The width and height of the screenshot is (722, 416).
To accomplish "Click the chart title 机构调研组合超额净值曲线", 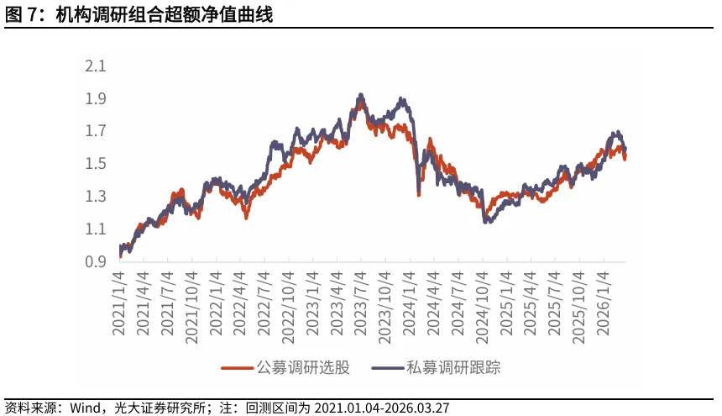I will (x=163, y=14).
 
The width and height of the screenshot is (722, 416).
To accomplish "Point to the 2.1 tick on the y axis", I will (x=96, y=66).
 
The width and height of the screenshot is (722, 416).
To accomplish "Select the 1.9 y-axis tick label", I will (x=96, y=99).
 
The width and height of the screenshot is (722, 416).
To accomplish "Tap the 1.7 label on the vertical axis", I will (x=96, y=131).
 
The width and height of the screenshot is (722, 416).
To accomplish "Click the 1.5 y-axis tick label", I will (x=96, y=164).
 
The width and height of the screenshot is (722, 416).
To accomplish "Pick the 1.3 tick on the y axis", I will (x=96, y=197).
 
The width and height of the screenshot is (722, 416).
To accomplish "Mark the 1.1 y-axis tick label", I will (x=96, y=229).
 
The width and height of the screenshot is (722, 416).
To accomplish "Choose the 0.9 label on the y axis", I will (x=96, y=262).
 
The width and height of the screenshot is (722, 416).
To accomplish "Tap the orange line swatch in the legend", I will (x=237, y=368).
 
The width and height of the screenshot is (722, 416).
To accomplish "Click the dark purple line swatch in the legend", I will (x=386, y=368).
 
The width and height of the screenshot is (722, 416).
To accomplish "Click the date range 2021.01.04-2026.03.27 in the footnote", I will (x=382, y=408).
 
